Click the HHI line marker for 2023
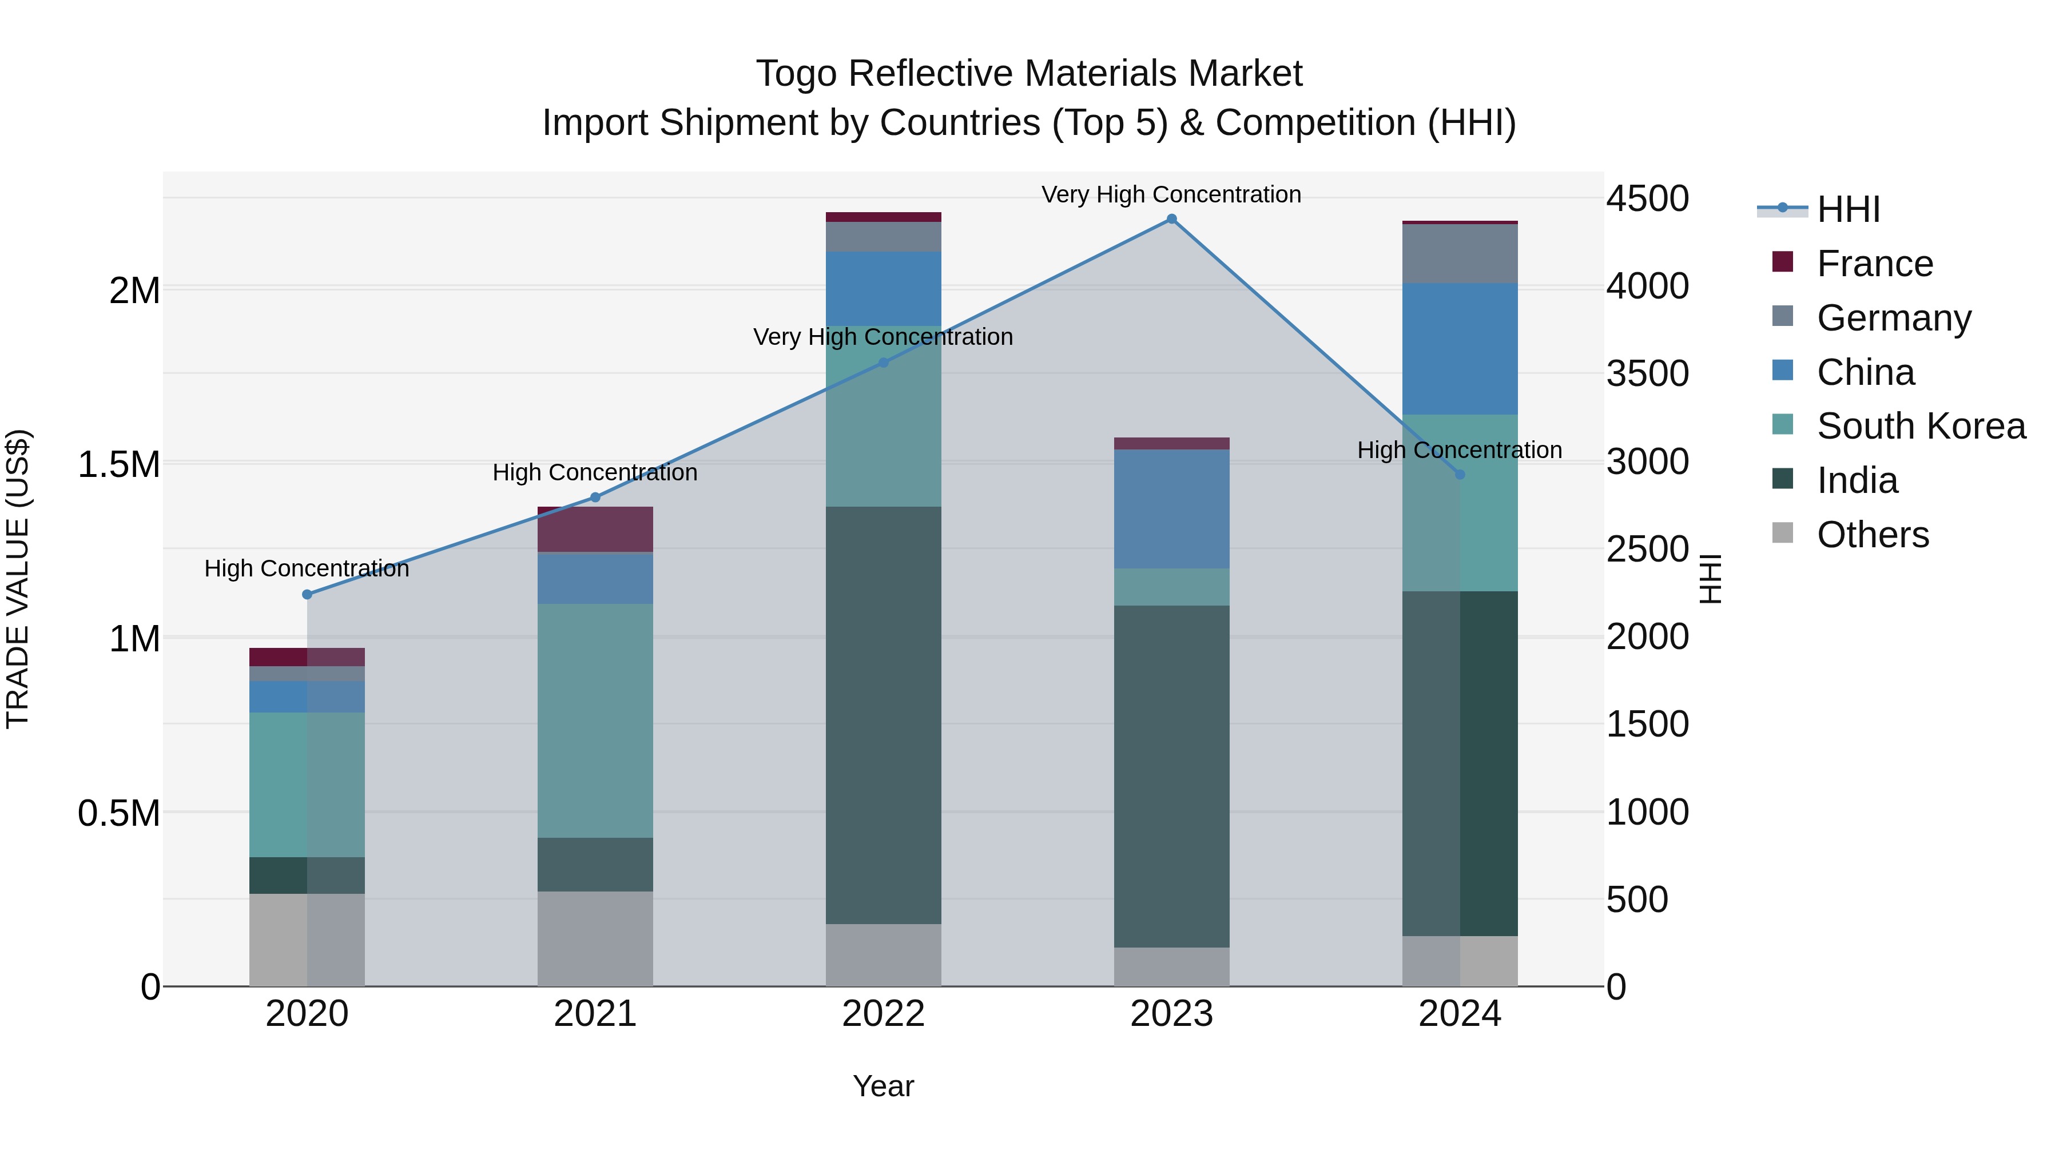click(1171, 219)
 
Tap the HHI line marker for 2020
click(307, 595)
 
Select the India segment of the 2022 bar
click(883, 715)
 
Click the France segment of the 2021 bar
click(595, 529)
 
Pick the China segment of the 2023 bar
click(1171, 509)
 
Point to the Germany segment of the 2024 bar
click(1460, 254)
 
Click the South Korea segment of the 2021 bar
click(595, 721)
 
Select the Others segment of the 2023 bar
click(1171, 967)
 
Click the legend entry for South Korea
click(1921, 426)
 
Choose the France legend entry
click(1874, 264)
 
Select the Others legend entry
click(1873, 535)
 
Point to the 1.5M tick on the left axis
click(119, 464)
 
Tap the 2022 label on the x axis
click(883, 1014)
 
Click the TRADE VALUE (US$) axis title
click(18, 579)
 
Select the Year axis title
click(883, 1086)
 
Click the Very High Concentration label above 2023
click(1171, 194)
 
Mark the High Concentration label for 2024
click(1460, 450)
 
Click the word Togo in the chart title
click(797, 74)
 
